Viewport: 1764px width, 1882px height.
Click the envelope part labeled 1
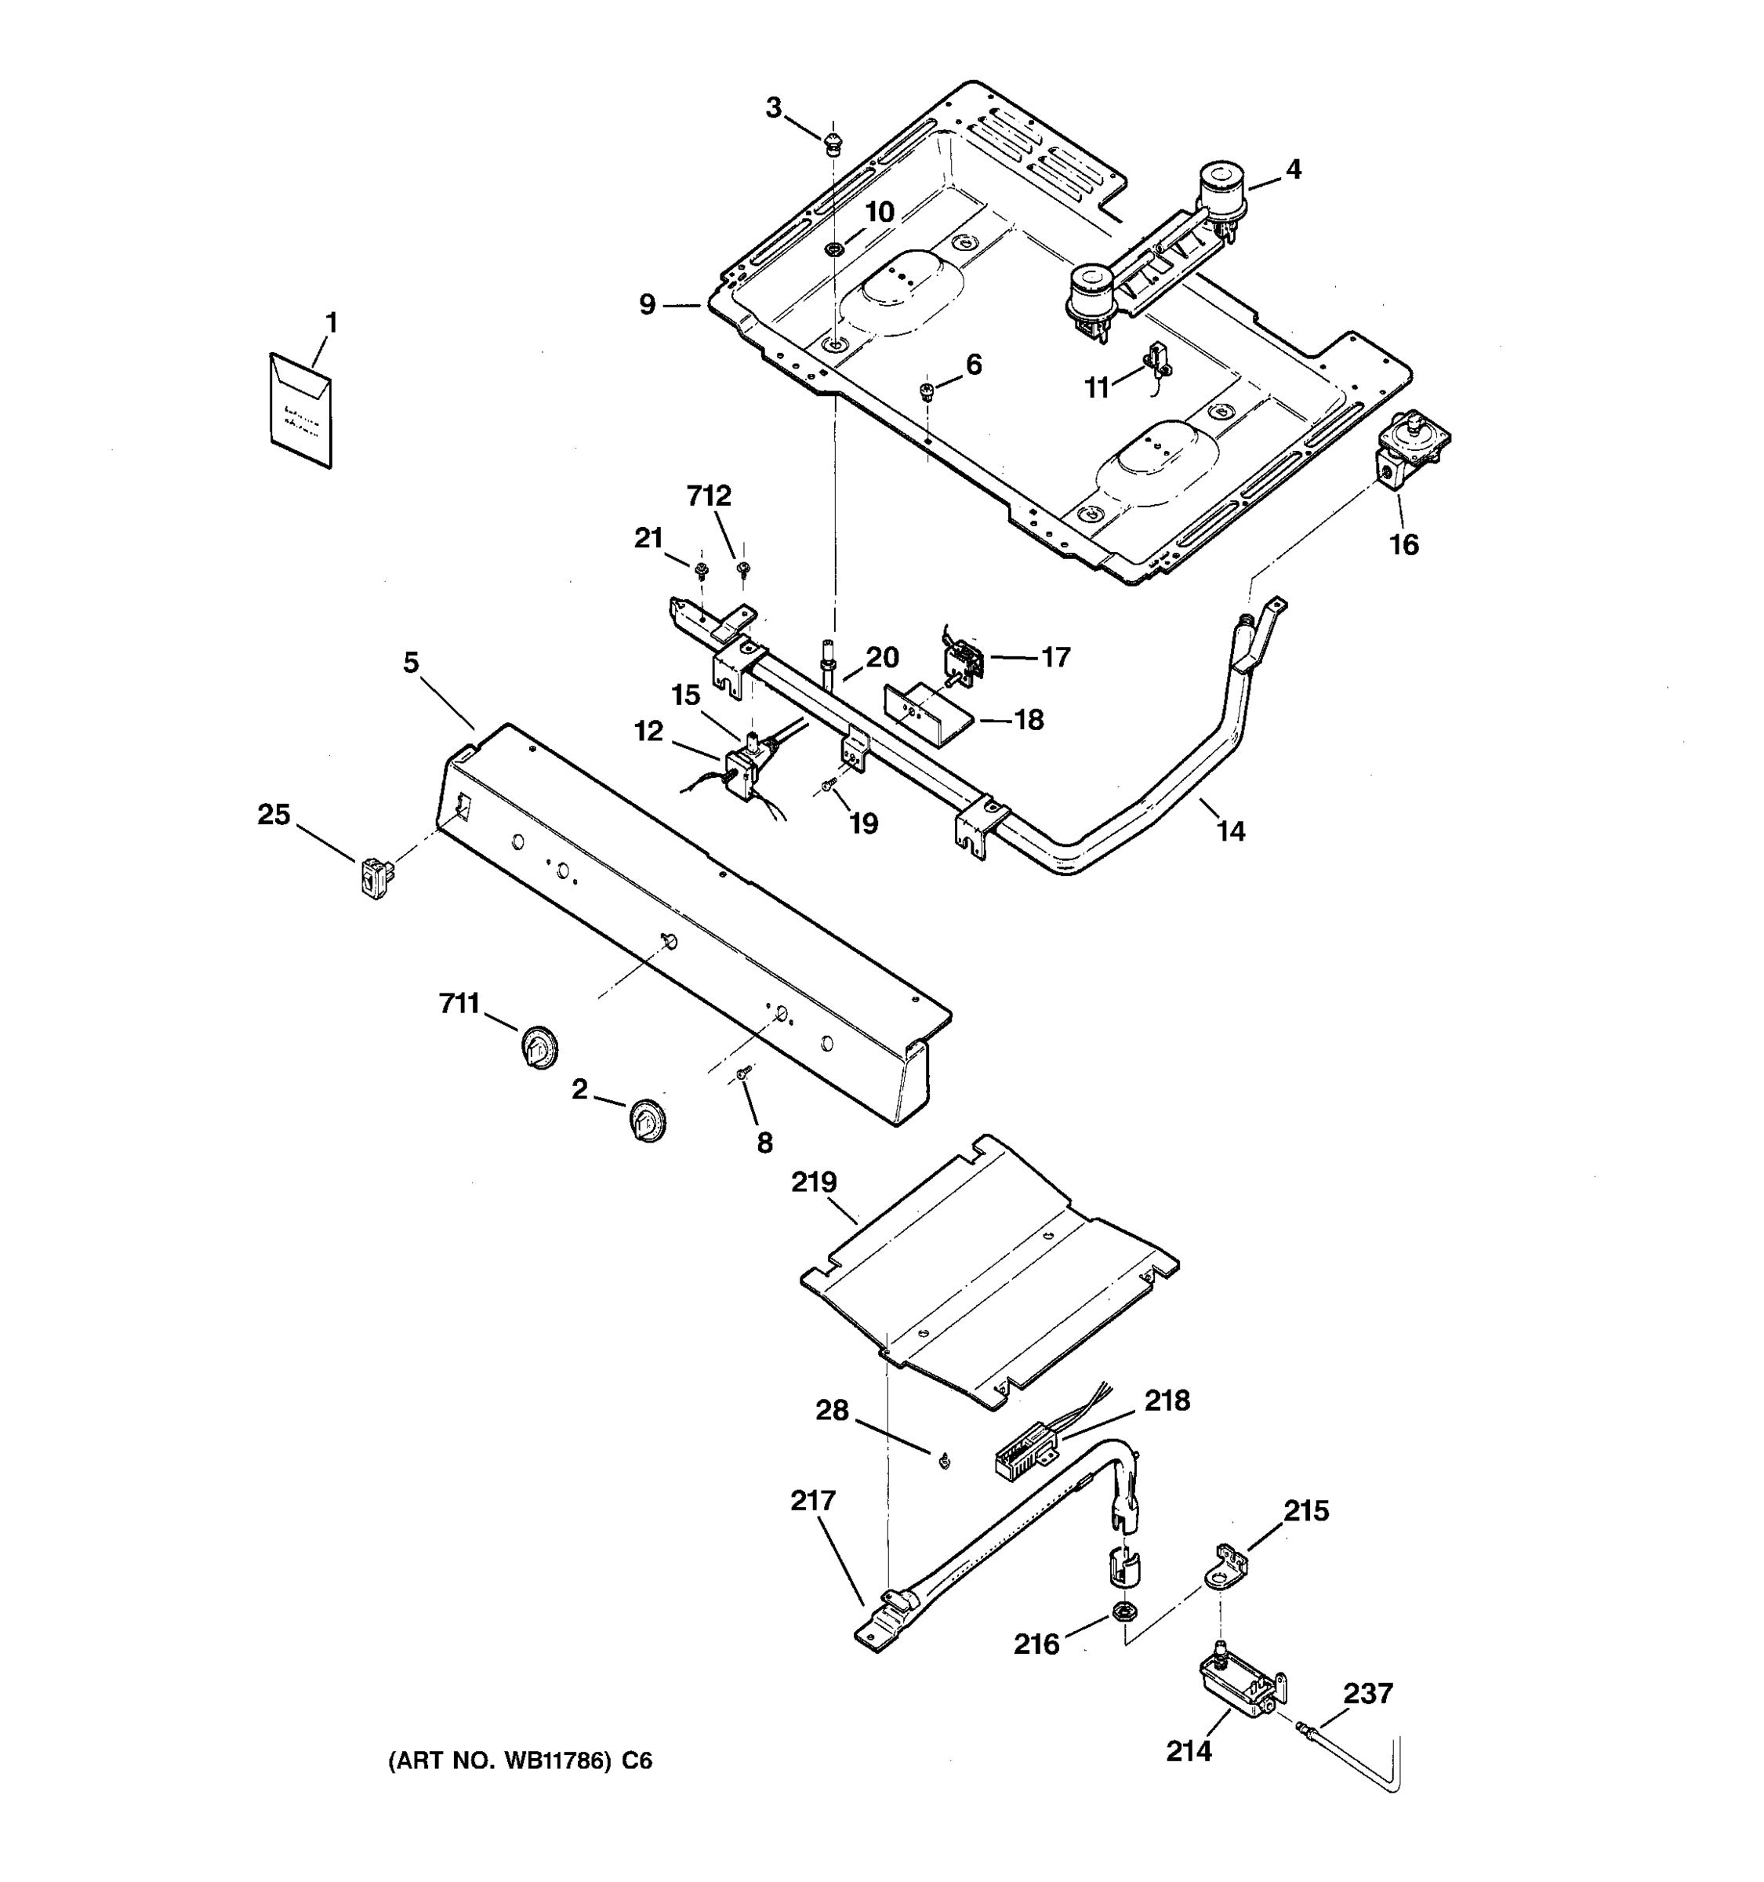point(301,411)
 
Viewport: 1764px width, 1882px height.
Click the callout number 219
point(814,1183)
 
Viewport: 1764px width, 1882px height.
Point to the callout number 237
point(1367,1693)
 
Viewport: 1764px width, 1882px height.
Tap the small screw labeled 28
point(943,1462)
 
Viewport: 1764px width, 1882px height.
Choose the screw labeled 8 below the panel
point(744,1073)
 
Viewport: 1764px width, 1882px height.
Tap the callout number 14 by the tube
point(1230,831)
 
